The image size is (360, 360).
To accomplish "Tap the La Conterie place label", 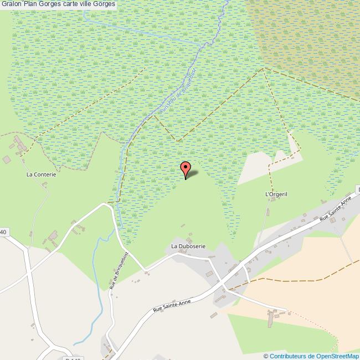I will point(42,174).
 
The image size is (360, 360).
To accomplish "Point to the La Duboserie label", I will point(188,245).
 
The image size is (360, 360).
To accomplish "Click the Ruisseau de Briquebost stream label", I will point(178,92).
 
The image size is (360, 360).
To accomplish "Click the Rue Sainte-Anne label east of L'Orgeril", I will point(336,212).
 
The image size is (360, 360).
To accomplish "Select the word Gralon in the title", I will point(11,4).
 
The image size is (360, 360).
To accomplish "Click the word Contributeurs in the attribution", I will point(288,356).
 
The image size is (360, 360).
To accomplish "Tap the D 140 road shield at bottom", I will point(73,359).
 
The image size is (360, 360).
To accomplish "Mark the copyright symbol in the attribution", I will point(266,356).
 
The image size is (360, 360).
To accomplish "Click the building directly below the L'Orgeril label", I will point(269,211).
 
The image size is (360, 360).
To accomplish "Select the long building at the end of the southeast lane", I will point(272,318).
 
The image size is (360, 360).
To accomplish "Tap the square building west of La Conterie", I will point(7,160).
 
